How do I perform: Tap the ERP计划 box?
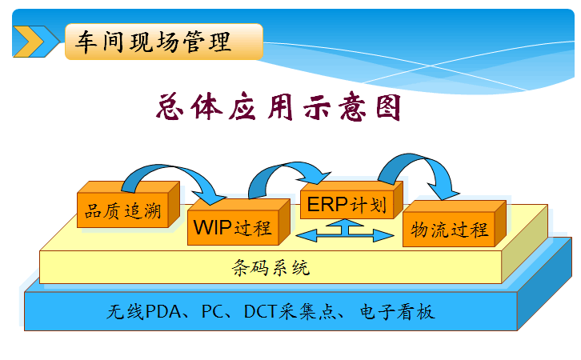(347, 205)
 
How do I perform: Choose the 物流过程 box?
(449, 230)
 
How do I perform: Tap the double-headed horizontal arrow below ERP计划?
(347, 234)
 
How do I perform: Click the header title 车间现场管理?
(153, 42)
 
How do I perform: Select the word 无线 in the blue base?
(125, 311)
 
